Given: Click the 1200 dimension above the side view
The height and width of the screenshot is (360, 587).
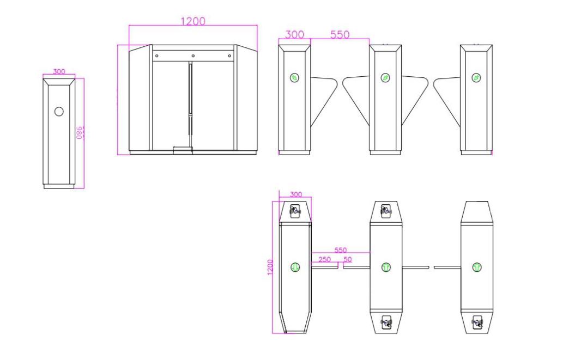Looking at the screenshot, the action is click(193, 21).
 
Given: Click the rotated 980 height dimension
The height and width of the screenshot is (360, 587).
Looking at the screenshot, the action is click(80, 132).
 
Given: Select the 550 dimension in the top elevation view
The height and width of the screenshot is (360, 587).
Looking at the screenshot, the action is click(340, 34).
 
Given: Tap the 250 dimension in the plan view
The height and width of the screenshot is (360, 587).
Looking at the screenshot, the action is click(325, 259).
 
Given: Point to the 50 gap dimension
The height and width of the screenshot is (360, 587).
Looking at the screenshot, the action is click(347, 259).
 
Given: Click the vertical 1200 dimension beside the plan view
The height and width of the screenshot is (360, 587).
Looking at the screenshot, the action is click(270, 267).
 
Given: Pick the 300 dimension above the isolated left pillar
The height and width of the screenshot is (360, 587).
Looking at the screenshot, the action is click(59, 71).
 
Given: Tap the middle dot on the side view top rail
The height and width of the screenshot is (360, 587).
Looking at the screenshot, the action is click(193, 56).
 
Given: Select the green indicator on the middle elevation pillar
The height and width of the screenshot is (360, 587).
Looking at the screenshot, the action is click(385, 78).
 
